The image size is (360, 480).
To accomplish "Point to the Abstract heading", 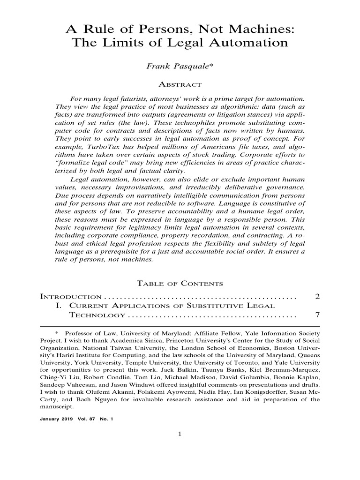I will [x=180, y=85].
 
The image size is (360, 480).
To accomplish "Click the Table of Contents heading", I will [x=180, y=284].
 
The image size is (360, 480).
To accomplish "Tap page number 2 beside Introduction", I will [x=317, y=297].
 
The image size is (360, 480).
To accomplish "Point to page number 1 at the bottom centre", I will [x=180, y=433].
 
